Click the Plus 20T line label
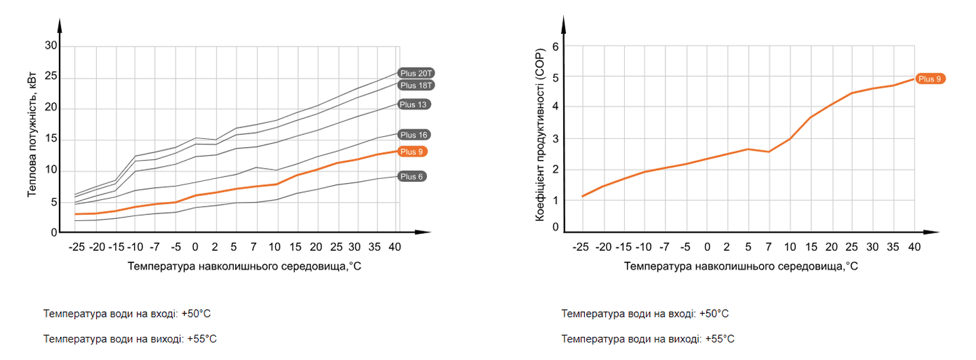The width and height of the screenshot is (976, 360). pos(415,73)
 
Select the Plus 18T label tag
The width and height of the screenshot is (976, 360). pos(415,85)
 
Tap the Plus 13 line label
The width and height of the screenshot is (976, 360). pos(414,104)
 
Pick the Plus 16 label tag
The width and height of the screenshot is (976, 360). pos(414,135)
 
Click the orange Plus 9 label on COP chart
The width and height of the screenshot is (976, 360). pos(930,79)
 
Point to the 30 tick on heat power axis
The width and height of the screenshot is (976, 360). pos(52,46)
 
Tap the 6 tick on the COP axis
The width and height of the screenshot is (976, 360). pos(556,47)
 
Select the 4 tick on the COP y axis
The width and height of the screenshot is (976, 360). pos(556,107)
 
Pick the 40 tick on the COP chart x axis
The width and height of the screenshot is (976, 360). pos(914,247)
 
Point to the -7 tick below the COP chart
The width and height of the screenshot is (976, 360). pos(664,247)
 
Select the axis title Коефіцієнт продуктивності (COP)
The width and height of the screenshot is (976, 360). pos(540,136)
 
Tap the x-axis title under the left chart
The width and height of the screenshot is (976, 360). pos(244,266)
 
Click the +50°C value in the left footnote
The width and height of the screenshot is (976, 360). pos(197,314)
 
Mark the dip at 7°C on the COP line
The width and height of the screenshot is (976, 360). pos(769,151)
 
